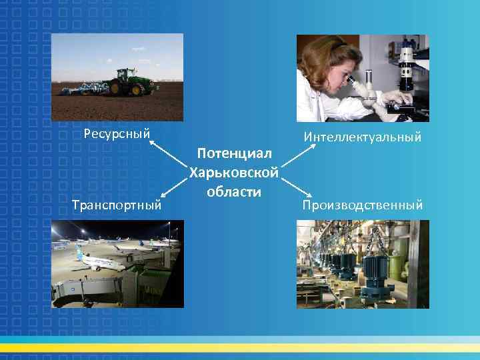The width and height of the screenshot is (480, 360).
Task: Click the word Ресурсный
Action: click(117, 133)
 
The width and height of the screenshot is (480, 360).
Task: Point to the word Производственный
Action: click(363, 205)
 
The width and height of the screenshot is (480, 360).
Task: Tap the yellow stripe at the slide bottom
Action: click(240, 348)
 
